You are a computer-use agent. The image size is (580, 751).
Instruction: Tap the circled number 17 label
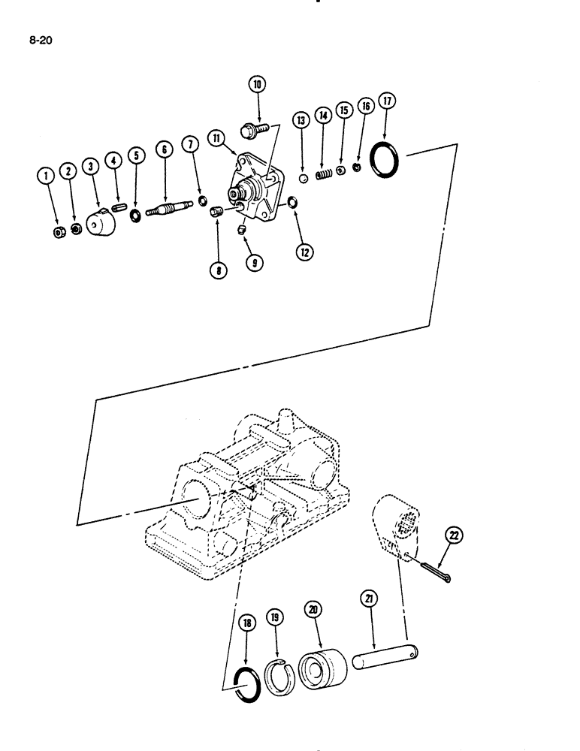click(388, 101)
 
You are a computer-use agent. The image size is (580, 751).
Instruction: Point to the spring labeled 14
click(323, 174)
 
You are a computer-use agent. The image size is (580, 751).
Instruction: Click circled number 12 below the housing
click(304, 252)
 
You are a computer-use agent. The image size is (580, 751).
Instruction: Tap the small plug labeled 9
click(243, 228)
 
